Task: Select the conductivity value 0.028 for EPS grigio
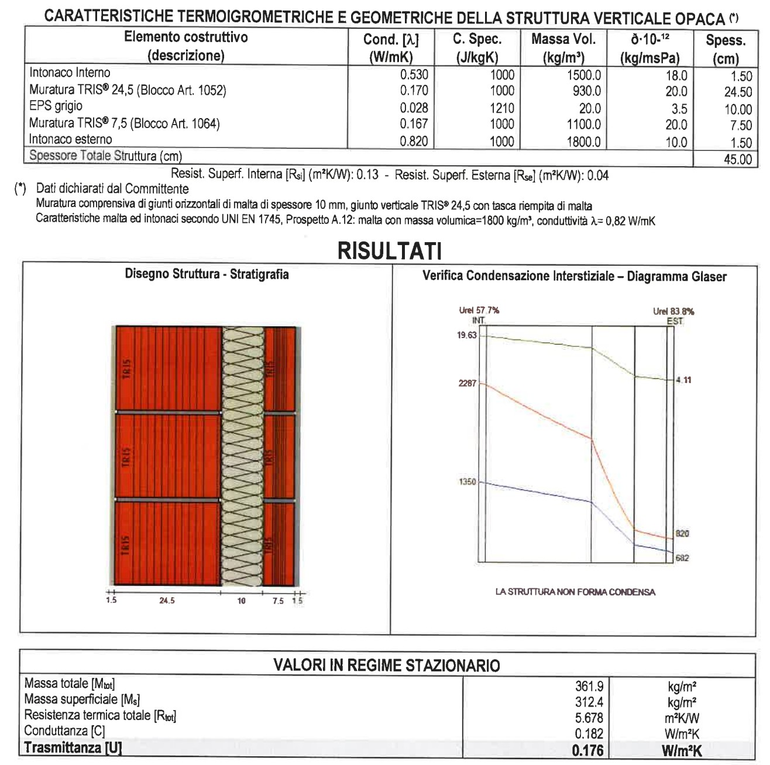click(x=414, y=108)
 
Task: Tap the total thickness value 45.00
click(x=737, y=158)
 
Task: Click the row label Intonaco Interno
click(x=70, y=73)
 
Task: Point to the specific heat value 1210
click(x=502, y=108)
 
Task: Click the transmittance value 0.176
click(x=587, y=750)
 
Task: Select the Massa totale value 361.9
click(x=589, y=685)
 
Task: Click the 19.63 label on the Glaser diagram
click(x=467, y=335)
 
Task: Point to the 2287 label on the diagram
click(x=467, y=384)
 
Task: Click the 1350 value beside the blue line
click(x=467, y=482)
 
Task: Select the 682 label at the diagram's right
click(x=682, y=558)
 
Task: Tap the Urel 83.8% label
click(x=673, y=311)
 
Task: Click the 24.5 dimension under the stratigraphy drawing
click(x=167, y=601)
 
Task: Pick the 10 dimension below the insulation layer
click(x=242, y=601)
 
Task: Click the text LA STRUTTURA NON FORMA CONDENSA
click(x=575, y=592)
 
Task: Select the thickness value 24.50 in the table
click(x=737, y=92)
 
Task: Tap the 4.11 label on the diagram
click(x=683, y=380)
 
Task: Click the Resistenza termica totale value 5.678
click(x=589, y=718)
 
